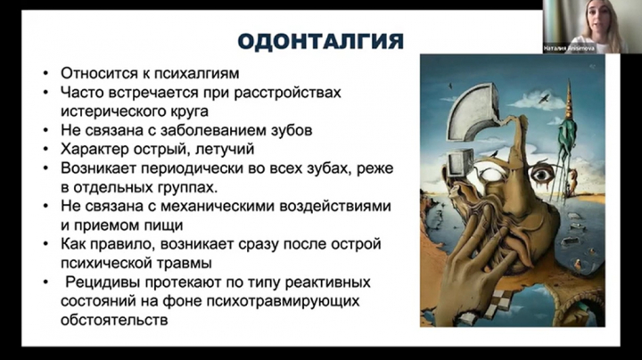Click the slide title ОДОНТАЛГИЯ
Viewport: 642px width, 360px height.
tap(321, 41)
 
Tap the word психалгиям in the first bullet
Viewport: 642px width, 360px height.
tap(196, 74)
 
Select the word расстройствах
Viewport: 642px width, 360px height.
tap(287, 93)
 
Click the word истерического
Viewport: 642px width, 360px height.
tap(111, 111)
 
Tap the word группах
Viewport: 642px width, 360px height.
tap(187, 188)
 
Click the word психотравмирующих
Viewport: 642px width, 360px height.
tap(283, 301)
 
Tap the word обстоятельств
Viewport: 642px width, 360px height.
tap(114, 320)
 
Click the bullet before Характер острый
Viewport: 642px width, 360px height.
tap(46, 150)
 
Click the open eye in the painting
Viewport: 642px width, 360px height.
tap(542, 175)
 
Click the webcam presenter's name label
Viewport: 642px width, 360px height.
tap(569, 49)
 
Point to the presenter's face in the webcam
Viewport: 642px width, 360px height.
tap(597, 20)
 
